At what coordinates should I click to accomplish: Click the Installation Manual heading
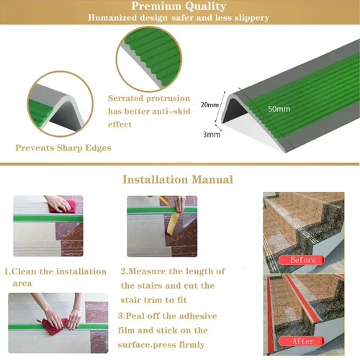178,179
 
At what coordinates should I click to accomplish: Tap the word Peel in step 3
137,316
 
